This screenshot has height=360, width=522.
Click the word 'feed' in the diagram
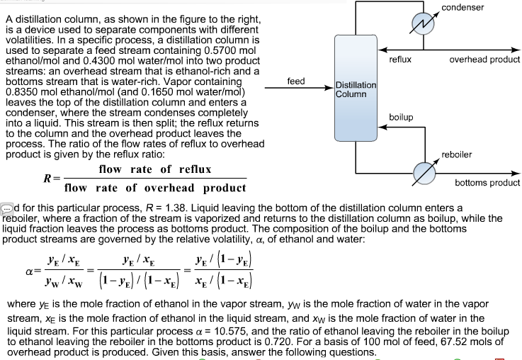tap(296, 81)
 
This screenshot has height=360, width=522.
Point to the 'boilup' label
tap(402, 116)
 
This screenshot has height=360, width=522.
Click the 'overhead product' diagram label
tap(484, 60)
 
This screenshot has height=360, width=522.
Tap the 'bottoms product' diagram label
tap(487, 182)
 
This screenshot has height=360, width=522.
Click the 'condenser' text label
tap(463, 7)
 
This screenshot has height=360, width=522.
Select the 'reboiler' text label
tap(457, 154)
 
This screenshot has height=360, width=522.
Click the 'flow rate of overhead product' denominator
tap(155, 188)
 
